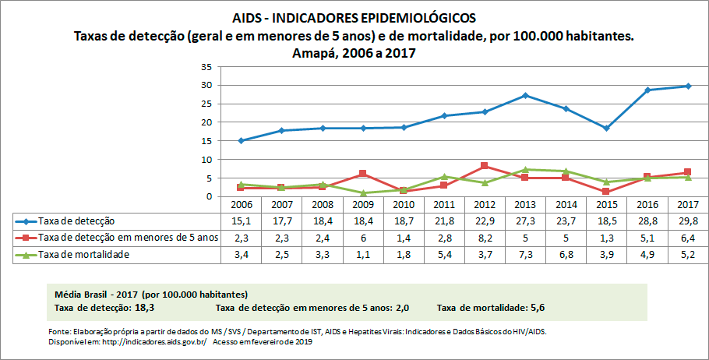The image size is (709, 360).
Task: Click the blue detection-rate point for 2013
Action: click(525, 95)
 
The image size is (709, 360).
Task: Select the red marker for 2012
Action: click(485, 166)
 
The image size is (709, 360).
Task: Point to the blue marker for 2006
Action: click(242, 140)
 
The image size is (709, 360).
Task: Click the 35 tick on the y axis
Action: click(207, 66)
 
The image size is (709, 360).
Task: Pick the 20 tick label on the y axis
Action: click(207, 122)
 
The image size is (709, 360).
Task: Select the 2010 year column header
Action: click(404, 204)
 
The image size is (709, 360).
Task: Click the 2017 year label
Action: click(687, 204)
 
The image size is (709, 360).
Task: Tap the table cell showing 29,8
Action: click(687, 221)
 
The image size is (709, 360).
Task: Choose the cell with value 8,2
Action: click(485, 238)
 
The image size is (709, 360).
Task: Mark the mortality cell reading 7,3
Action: click(525, 255)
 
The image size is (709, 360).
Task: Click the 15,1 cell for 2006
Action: click(242, 221)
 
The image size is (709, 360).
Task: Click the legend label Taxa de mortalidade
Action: click(85, 255)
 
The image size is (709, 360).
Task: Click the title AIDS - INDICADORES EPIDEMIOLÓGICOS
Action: click(354, 17)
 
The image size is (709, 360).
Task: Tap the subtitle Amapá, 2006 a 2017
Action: click(354, 53)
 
